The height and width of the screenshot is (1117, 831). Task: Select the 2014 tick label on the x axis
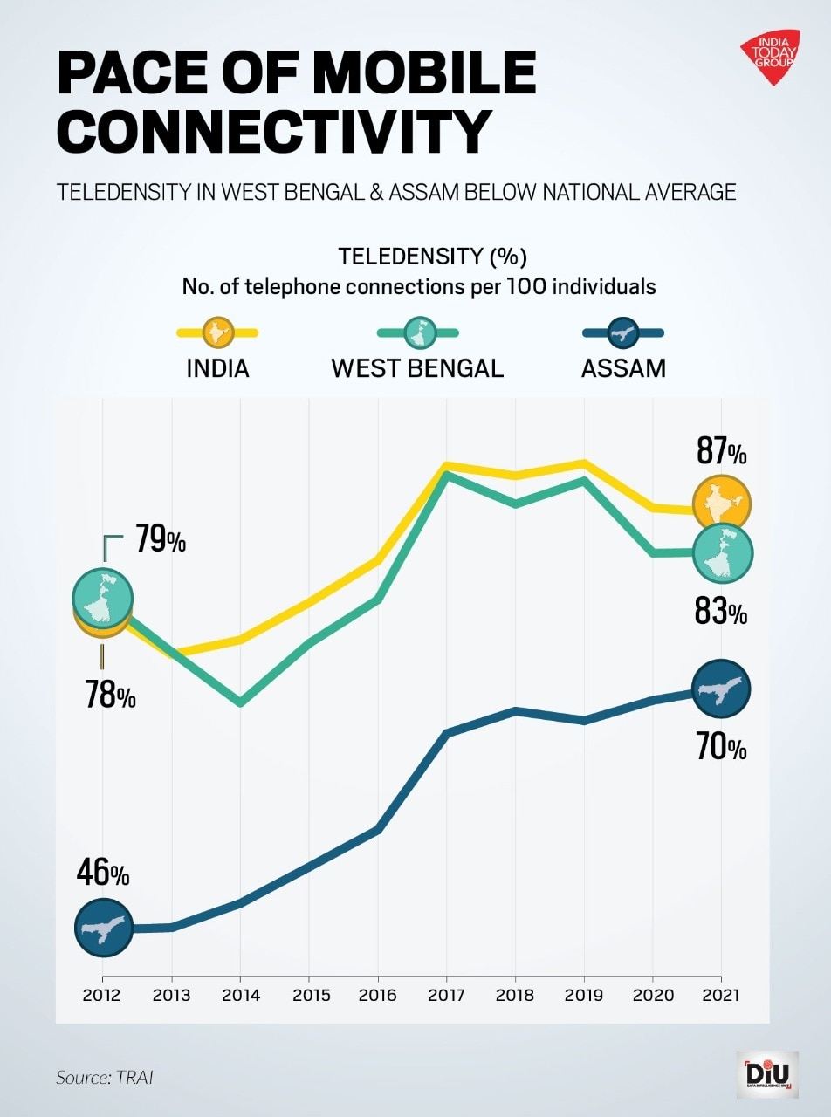(240, 995)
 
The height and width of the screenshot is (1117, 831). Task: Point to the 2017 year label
(446, 995)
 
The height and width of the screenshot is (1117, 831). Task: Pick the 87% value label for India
(721, 452)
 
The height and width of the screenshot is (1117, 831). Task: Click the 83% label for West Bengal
(721, 612)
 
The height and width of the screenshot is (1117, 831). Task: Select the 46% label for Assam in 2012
(102, 872)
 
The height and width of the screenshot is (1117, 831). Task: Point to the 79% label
(160, 540)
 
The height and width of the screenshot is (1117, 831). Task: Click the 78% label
(110, 696)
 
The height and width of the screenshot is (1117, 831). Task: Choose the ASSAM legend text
(623, 368)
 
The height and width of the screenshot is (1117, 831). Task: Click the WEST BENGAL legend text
(417, 368)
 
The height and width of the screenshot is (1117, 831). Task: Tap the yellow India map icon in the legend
(217, 332)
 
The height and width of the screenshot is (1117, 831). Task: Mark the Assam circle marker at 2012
(103, 928)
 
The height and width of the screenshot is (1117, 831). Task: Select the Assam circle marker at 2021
(721, 689)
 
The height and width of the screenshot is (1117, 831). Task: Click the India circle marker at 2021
(721, 504)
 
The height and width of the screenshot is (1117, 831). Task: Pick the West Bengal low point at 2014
(240, 702)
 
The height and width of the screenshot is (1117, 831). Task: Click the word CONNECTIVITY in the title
(274, 131)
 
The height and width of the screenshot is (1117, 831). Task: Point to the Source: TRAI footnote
(105, 1078)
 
